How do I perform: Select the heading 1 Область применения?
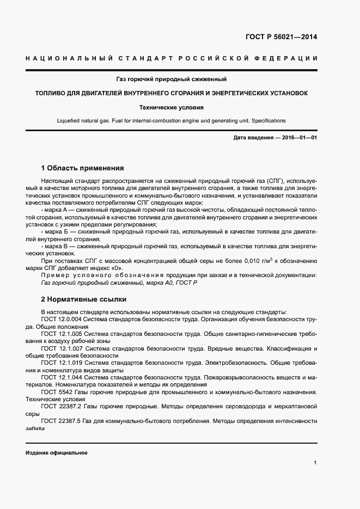[x=82, y=168]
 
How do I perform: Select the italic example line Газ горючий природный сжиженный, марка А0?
[x=119, y=283]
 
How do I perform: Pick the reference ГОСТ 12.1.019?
[x=62, y=362]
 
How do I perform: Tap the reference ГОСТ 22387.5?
[x=62, y=421]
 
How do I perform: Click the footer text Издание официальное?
[x=56, y=453]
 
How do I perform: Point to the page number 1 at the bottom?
[x=315, y=463]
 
